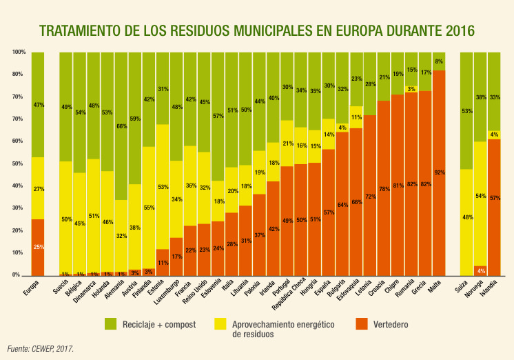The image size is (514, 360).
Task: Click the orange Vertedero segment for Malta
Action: (439, 172)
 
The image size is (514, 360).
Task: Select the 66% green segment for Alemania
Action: (121, 126)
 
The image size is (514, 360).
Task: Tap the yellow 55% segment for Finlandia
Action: (149, 207)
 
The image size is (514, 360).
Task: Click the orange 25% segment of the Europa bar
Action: (38, 247)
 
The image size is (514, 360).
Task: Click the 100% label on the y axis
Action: (19, 52)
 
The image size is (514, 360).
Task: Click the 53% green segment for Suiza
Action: (466, 110)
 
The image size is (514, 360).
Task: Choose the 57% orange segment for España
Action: (329, 212)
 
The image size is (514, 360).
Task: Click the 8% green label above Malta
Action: (439, 61)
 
